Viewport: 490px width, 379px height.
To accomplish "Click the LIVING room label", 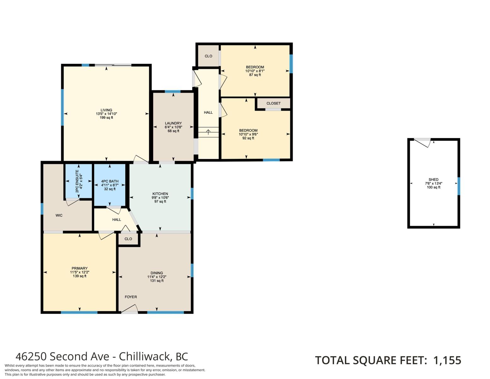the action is pyautogui.click(x=106, y=110).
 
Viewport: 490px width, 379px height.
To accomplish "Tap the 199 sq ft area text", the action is pyautogui.click(x=106, y=117).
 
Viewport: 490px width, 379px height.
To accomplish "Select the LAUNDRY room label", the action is pyautogui.click(x=173, y=123).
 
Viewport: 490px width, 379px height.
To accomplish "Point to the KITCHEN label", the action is pyautogui.click(x=160, y=194).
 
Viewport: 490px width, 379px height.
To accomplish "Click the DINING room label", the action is pyautogui.click(x=157, y=273).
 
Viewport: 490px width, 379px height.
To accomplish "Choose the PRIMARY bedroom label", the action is pyautogui.click(x=80, y=268).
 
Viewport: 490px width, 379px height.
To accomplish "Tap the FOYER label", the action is pyautogui.click(x=131, y=297).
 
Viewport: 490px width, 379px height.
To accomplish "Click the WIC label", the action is pyautogui.click(x=59, y=215).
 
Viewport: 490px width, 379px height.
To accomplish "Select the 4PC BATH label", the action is pyautogui.click(x=110, y=181).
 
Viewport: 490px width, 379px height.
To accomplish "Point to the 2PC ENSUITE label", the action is pyautogui.click(x=77, y=181).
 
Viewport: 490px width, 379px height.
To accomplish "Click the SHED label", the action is pyautogui.click(x=434, y=180).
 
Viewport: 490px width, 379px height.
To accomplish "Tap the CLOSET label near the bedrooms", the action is pyautogui.click(x=274, y=103).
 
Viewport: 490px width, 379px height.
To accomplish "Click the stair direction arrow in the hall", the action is pyautogui.click(x=208, y=132).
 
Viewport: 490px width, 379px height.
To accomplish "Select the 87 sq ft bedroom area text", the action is pyautogui.click(x=255, y=75).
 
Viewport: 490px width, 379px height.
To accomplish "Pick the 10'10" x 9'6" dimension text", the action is pyautogui.click(x=248, y=134).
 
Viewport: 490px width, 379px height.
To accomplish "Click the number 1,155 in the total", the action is pyautogui.click(x=447, y=360).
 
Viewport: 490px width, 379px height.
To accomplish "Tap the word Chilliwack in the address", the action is pyautogui.click(x=144, y=357).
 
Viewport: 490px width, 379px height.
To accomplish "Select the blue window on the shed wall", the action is pyautogui.click(x=458, y=186).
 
